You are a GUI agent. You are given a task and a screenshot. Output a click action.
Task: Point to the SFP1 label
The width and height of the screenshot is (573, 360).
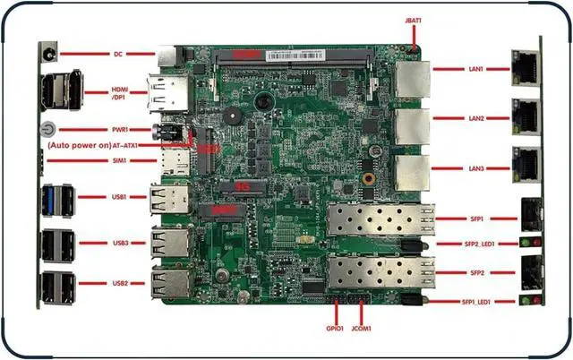[x=476, y=218]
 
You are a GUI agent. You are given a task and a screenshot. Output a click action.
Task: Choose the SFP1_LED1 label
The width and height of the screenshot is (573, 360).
[x=480, y=303]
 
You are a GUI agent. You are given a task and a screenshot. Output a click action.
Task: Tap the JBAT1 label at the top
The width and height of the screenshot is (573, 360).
[x=414, y=19]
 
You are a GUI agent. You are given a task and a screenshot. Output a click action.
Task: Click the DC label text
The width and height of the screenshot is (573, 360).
[x=117, y=54]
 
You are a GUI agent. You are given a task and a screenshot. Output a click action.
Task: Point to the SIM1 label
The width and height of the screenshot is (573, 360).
[x=118, y=161]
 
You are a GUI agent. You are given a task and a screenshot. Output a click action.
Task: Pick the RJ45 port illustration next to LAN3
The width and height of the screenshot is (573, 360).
[x=524, y=165]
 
